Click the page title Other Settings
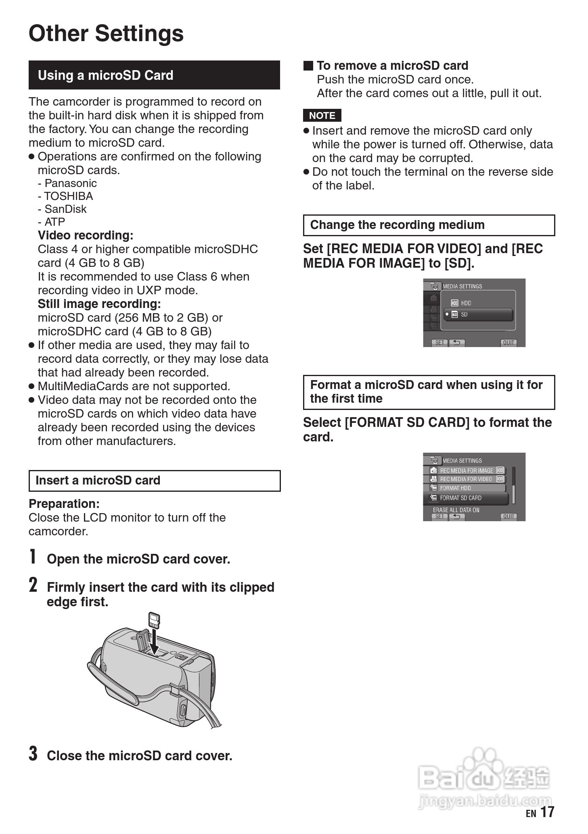click(106, 33)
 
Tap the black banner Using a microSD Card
click(154, 75)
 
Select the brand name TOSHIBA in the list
click(68, 196)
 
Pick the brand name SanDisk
click(65, 209)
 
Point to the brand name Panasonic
click(70, 183)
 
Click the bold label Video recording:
click(86, 235)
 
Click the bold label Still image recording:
click(99, 304)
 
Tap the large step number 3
click(33, 753)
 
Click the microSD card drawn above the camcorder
click(154, 620)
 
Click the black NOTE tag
click(322, 116)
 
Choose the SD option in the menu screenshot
click(478, 315)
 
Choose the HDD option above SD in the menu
click(466, 303)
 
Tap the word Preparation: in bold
click(64, 504)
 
